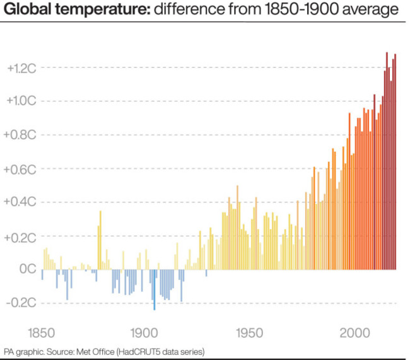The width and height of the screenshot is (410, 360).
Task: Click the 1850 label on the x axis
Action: pos(42,332)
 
